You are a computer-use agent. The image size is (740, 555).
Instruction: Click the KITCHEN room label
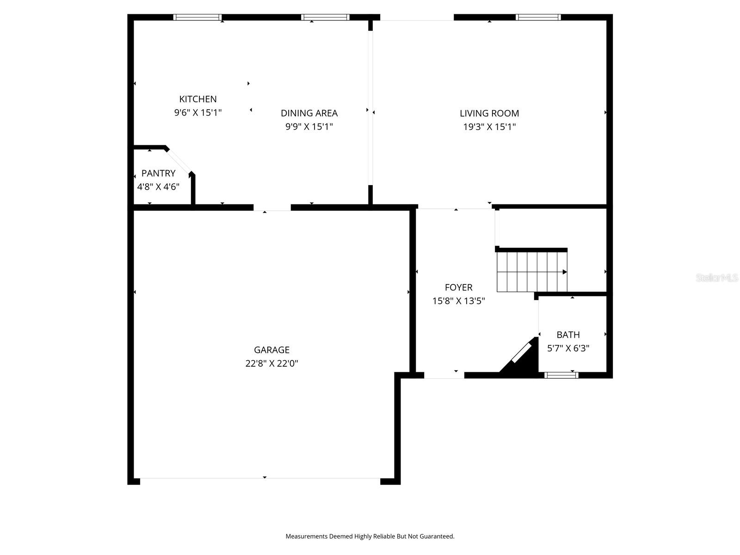coord(198,99)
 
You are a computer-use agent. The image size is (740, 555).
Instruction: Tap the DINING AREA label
coord(309,113)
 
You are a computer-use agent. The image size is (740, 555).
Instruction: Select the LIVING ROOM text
coord(489,113)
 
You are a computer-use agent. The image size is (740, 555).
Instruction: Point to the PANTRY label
coord(158,173)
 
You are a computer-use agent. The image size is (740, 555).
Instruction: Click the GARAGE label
coord(271,350)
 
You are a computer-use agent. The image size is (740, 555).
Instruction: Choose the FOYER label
coord(458,288)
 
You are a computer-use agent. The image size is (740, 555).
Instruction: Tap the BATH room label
coord(568,335)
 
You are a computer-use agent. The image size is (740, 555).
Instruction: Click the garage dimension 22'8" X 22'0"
coord(271,364)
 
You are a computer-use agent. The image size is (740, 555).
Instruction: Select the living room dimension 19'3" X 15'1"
coord(489,127)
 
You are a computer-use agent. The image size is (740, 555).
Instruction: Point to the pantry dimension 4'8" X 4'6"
coord(158,187)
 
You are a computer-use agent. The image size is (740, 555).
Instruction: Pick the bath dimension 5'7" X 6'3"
coord(568,348)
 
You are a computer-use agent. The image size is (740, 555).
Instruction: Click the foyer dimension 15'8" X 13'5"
coord(458,301)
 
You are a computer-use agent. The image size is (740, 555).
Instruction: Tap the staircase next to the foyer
coord(532,272)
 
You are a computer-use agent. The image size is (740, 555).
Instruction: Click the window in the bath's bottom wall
coord(561,375)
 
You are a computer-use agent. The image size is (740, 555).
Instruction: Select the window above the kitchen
coord(197,18)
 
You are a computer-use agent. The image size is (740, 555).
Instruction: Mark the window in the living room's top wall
coord(538,18)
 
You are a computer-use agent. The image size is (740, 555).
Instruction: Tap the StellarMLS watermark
coord(716,278)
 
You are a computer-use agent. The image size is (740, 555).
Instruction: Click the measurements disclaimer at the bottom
coord(370,536)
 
